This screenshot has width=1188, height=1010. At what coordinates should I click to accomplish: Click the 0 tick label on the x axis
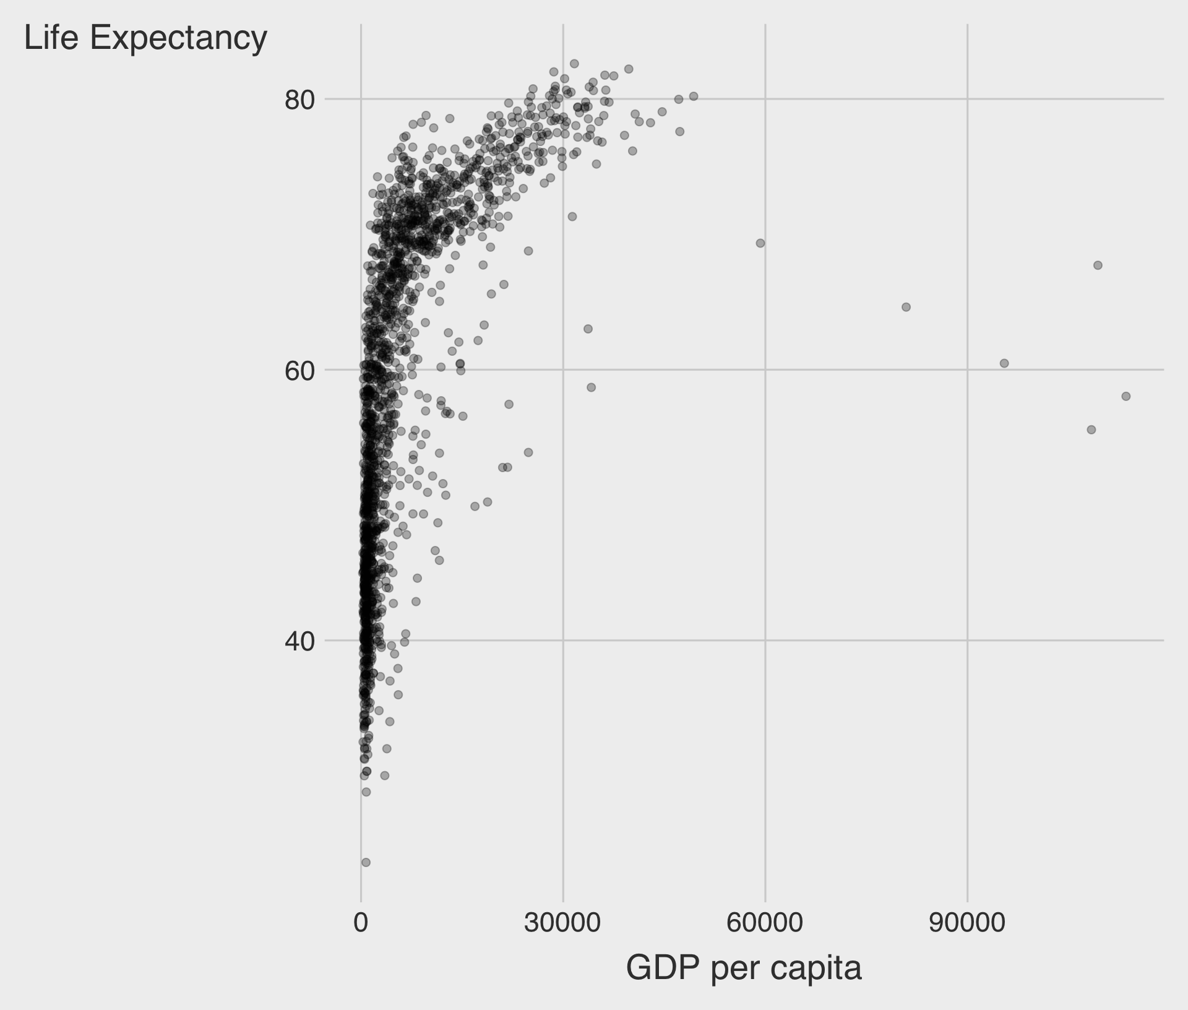point(361,923)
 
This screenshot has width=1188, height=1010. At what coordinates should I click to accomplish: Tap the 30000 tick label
point(562,923)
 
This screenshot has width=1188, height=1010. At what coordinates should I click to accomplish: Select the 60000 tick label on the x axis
point(765,923)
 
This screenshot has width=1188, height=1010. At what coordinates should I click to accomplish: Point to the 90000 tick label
point(966,923)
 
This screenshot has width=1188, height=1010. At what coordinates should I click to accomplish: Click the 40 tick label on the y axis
point(299,641)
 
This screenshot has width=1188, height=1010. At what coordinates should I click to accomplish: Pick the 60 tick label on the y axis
point(299,371)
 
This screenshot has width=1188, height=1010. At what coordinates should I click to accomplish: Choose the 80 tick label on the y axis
point(299,100)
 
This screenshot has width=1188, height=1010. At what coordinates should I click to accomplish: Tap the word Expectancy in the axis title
point(178,39)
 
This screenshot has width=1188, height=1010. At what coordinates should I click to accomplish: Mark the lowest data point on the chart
point(366,862)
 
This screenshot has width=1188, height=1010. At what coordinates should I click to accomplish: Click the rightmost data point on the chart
point(1126,396)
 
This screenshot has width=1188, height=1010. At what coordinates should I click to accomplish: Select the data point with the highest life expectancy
point(574,64)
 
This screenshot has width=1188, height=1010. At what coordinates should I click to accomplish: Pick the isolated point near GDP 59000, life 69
point(760,243)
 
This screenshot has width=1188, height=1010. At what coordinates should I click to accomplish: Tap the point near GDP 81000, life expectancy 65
point(906,307)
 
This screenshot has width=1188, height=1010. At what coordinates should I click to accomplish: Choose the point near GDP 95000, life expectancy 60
point(1004,363)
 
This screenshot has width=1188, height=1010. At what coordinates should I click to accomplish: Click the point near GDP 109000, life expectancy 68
point(1098,265)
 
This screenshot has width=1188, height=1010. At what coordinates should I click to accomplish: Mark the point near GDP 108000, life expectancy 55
point(1091,429)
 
